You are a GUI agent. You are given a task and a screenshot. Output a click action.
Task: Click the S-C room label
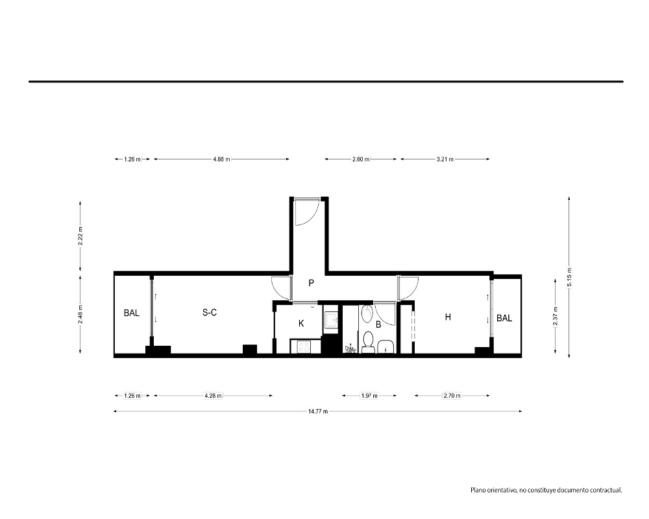(x=210, y=313)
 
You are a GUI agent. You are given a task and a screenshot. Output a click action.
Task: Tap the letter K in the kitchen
(x=301, y=323)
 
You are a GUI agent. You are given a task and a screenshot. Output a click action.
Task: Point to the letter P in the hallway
(x=312, y=283)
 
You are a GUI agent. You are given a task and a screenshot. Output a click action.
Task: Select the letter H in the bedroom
(x=448, y=317)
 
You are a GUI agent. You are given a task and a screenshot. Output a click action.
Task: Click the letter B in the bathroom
(x=378, y=325)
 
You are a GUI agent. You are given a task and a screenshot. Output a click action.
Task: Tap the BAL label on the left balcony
(x=132, y=313)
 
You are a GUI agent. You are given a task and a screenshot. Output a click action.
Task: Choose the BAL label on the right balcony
(x=504, y=319)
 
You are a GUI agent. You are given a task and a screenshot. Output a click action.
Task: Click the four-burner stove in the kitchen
(x=303, y=346)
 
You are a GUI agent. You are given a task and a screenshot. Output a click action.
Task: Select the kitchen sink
(x=331, y=320)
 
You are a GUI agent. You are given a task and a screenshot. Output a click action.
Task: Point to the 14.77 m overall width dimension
(x=318, y=411)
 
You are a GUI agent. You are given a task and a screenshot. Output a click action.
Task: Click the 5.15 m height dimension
(x=570, y=277)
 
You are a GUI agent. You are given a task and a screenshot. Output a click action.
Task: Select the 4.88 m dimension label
(x=221, y=159)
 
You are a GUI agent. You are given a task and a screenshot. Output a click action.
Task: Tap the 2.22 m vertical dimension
(x=80, y=236)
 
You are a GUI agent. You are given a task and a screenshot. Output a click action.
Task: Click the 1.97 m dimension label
(x=369, y=396)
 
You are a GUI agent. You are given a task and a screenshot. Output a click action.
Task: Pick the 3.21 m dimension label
(x=445, y=159)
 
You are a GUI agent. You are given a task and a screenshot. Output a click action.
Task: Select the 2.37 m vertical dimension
(x=556, y=316)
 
